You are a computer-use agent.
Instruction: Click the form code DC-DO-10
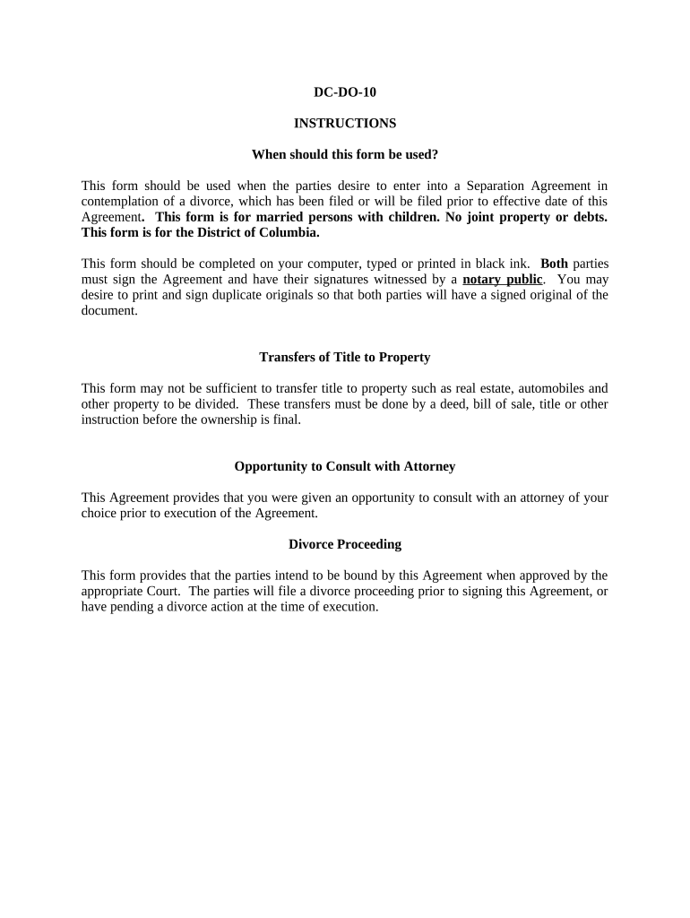coord(345,91)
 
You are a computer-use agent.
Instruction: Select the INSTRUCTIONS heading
coord(345,123)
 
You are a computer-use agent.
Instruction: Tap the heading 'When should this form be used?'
coord(345,154)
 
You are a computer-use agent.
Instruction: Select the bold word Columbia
coord(289,232)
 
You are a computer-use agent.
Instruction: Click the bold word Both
coord(554,264)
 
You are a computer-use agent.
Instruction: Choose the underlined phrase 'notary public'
coord(502,279)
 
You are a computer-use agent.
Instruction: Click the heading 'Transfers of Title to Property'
coord(345,357)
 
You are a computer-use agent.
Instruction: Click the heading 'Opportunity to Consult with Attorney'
coord(345,466)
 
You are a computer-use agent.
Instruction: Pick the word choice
coord(100,514)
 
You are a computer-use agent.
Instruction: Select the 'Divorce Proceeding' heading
coord(345,544)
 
